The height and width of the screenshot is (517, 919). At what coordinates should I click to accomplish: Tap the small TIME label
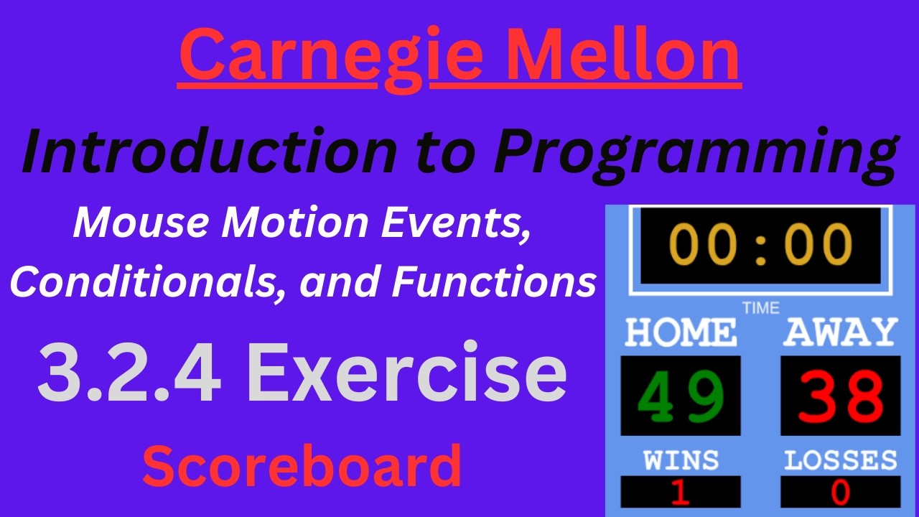coord(760,308)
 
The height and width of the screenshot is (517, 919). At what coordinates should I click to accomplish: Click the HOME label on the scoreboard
coord(680,332)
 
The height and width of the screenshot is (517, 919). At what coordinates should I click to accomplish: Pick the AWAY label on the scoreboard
coord(840,332)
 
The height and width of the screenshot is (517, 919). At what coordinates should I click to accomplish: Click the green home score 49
coord(680,396)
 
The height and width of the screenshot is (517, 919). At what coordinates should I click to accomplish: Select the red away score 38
coord(840,396)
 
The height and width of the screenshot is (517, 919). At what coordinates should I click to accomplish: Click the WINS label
coord(680,460)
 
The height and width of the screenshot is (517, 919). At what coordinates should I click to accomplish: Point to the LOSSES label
coord(840,460)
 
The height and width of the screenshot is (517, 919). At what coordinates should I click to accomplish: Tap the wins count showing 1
coord(680,493)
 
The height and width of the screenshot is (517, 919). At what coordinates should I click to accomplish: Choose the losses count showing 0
coord(840,493)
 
